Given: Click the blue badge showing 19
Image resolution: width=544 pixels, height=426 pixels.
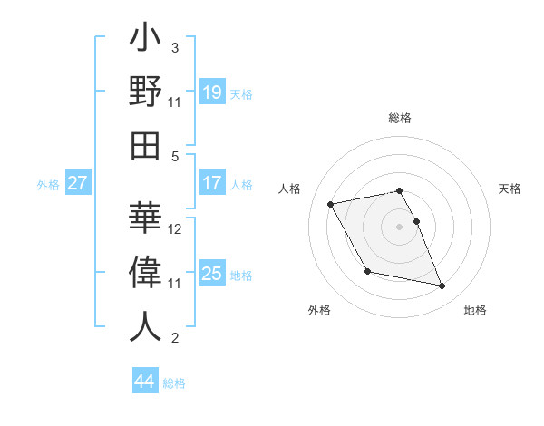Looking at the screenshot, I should (211, 92).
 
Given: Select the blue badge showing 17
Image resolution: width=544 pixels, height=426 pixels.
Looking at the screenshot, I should (211, 183).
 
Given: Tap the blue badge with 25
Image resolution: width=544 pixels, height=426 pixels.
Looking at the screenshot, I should (211, 274).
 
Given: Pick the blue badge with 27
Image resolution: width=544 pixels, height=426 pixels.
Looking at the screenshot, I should (78, 183).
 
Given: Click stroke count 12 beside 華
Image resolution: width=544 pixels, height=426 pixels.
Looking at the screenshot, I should (176, 229).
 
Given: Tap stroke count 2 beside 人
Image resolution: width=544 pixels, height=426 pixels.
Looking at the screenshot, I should (175, 339).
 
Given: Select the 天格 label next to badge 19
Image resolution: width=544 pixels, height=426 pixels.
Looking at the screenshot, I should (241, 93).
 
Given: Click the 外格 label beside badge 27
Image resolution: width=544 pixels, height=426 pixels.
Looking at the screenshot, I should (48, 184).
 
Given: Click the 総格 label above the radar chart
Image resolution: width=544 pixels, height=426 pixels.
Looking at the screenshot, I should (400, 118).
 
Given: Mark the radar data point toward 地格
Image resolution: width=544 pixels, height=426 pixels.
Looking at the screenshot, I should (442, 286).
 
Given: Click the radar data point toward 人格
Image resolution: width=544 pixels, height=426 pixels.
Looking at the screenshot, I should (331, 204).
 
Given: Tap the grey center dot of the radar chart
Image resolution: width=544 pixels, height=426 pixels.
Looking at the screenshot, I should (400, 227).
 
